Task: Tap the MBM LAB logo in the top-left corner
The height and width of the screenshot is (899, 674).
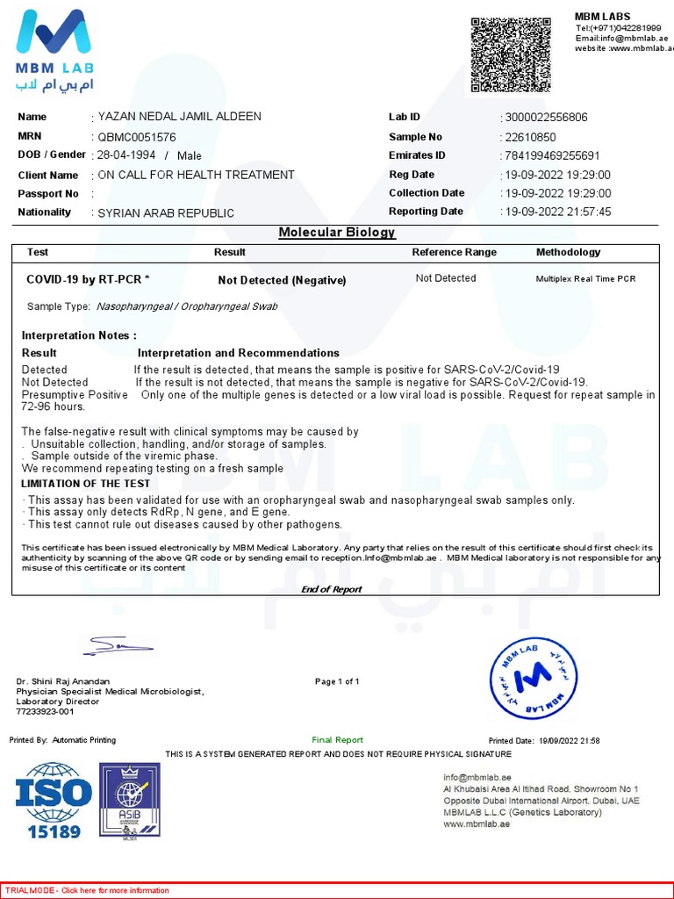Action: tap(55, 51)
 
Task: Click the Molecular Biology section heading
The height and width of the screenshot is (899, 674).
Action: tap(337, 233)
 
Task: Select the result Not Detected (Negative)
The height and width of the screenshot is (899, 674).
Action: tap(282, 280)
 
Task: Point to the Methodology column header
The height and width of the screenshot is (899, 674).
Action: tap(568, 252)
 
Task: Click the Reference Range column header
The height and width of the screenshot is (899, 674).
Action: tap(454, 252)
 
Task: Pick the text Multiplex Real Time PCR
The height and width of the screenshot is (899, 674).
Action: tap(585, 279)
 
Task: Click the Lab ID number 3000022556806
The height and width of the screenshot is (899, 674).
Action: tap(546, 118)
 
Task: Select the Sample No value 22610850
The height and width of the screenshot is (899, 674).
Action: tap(530, 137)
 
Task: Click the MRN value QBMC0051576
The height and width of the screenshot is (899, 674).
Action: tap(137, 137)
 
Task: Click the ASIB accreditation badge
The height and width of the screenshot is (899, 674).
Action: tap(129, 800)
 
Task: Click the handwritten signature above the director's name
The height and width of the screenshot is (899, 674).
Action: tap(118, 648)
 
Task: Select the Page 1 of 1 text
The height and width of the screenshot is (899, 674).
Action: tap(337, 681)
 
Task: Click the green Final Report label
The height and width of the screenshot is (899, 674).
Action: tap(337, 740)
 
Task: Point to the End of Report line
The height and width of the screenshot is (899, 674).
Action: tap(331, 589)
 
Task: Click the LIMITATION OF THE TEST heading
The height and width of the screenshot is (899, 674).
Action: tap(86, 484)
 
